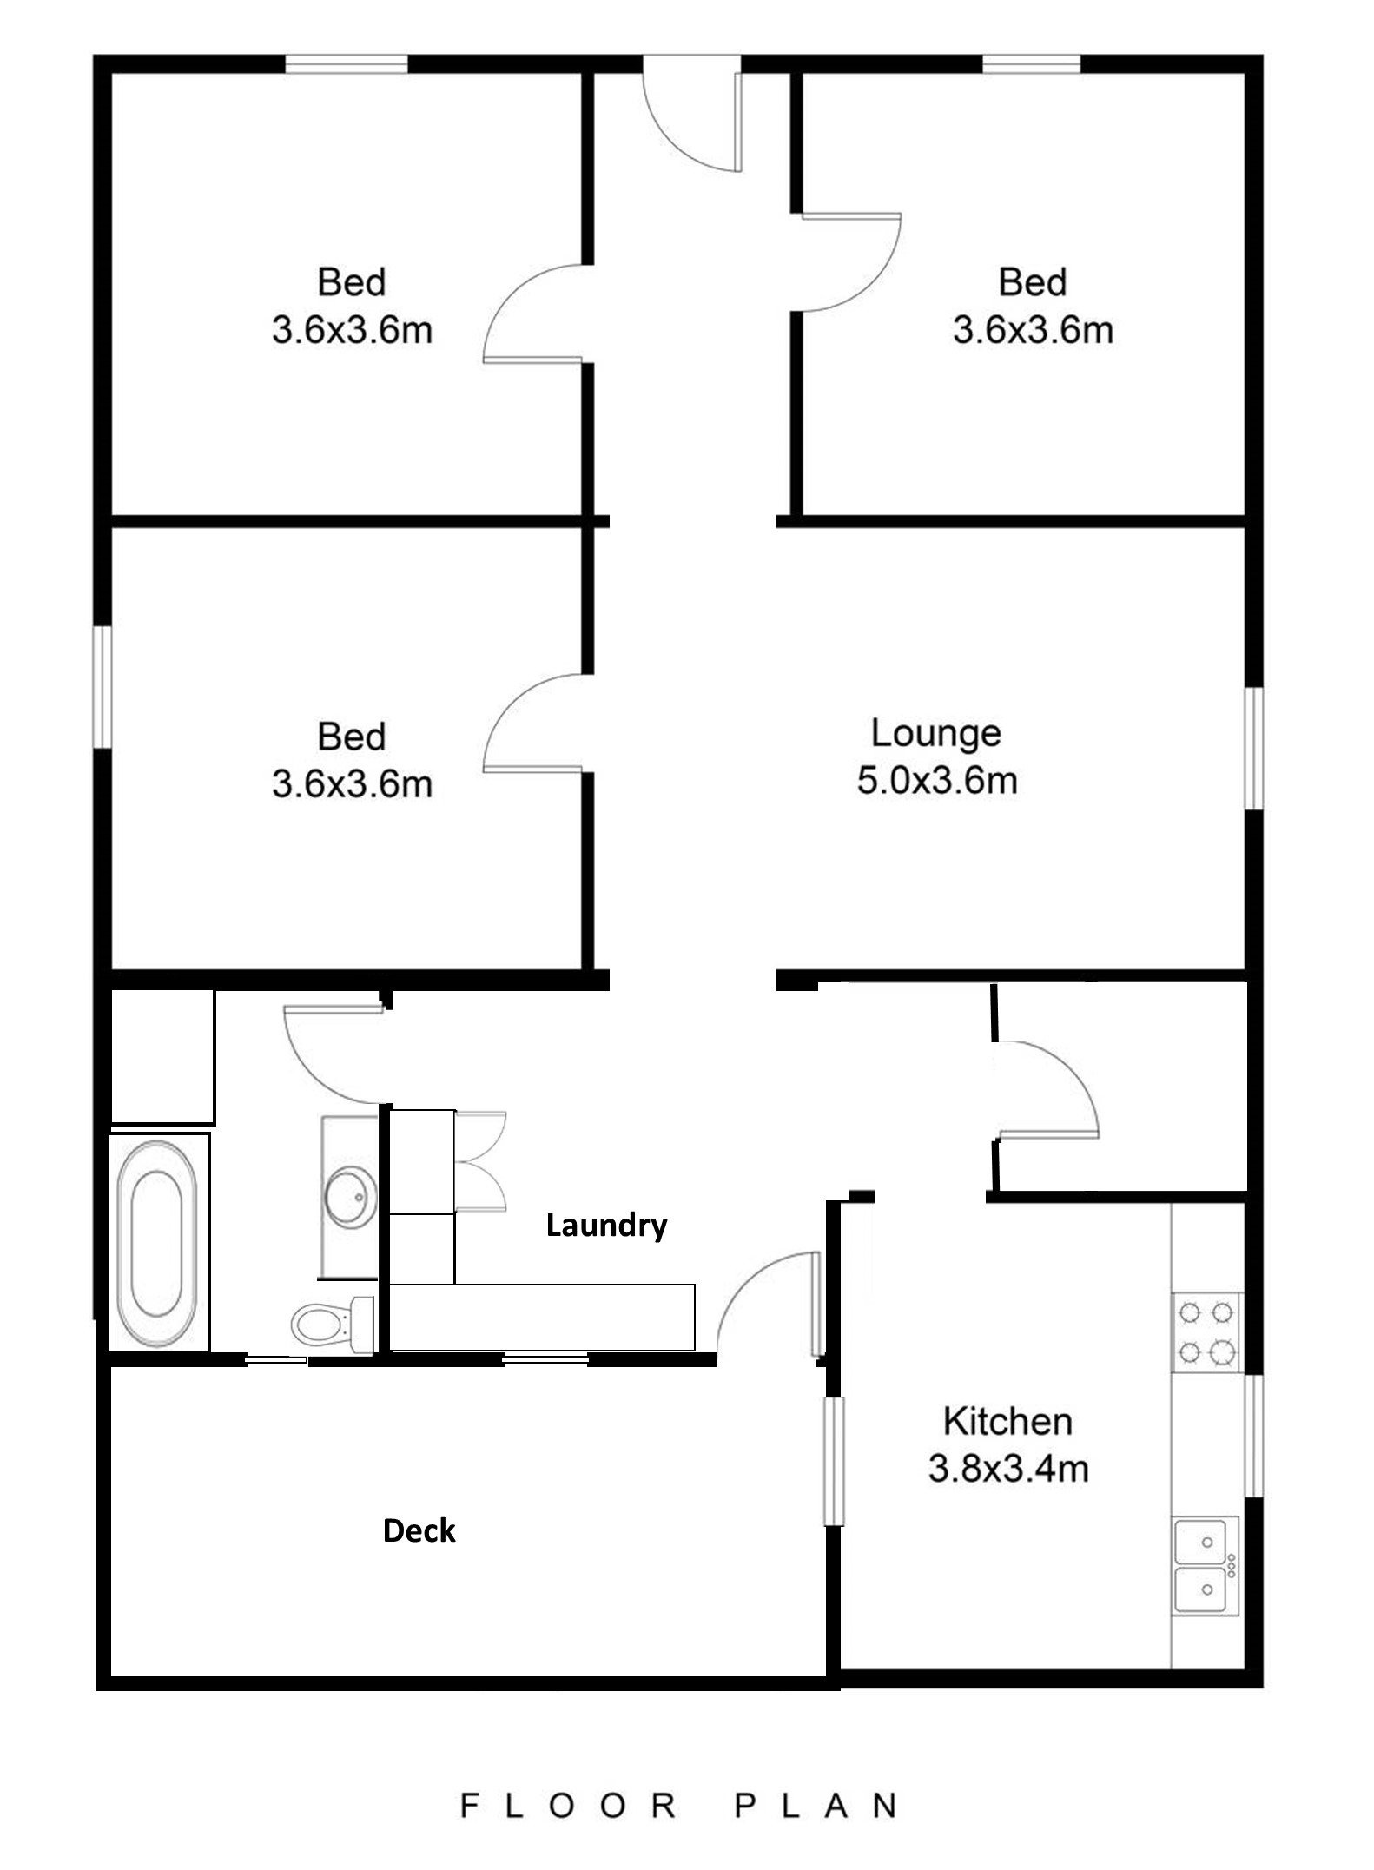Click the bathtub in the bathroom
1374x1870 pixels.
tap(156, 1243)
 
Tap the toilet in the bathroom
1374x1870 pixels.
tap(332, 1324)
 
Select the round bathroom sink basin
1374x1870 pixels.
tap(350, 1198)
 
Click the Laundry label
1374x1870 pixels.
tap(606, 1226)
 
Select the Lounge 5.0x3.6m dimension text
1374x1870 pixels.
tap(937, 781)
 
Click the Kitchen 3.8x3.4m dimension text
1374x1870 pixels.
tap(1007, 1469)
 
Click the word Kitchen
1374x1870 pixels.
tap(1007, 1422)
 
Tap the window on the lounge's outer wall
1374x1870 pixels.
tap(1253, 749)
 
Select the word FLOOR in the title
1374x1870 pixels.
tap(569, 1806)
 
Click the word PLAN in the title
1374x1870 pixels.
tap(816, 1806)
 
